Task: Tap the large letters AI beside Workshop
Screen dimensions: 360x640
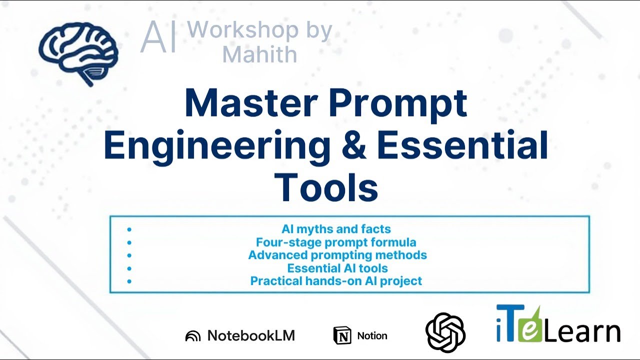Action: coord(159,37)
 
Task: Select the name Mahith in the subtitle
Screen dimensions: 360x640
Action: coord(259,54)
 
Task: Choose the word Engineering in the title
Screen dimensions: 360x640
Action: coord(216,145)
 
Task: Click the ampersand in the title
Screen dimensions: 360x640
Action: coord(353,145)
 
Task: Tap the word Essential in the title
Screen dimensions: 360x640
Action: coord(462,145)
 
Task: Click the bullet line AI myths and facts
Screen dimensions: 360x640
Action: coord(336,229)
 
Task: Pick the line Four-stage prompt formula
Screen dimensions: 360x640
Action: coord(336,242)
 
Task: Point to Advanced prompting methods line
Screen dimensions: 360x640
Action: coord(337,255)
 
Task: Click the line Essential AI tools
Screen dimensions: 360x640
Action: coord(337,268)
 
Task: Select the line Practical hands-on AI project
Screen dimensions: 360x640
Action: coord(336,281)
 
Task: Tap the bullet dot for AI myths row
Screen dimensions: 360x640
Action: coord(129,229)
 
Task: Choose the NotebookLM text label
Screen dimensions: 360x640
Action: coord(251,335)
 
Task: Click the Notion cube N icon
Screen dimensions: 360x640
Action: coord(342,335)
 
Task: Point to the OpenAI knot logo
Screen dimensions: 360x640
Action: coord(445,332)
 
